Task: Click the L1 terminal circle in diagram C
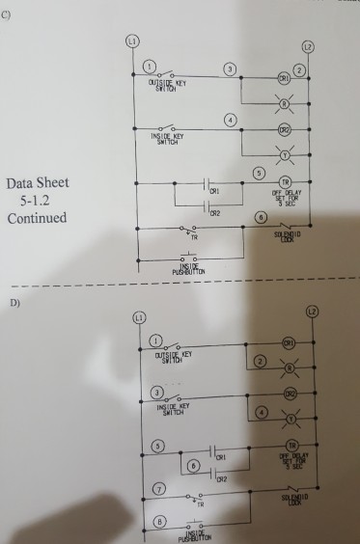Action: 134,42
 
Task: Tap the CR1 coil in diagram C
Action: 284,76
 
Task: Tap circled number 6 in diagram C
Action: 258,219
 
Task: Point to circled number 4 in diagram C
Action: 229,120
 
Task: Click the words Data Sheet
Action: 38,183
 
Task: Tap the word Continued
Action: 37,218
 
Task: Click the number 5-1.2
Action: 38,201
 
